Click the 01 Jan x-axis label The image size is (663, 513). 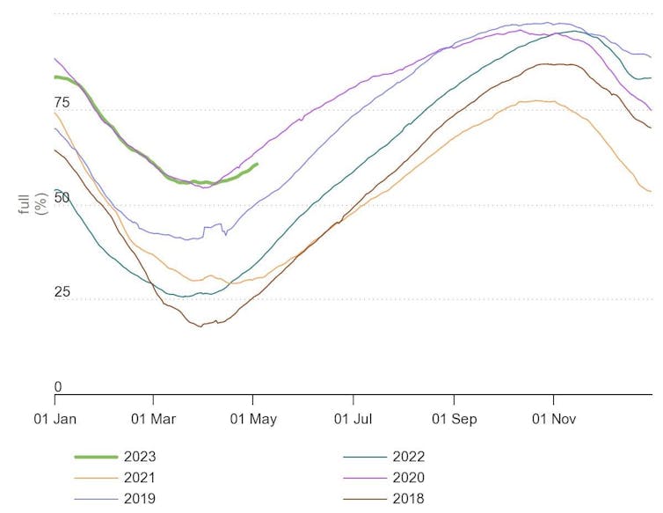(x=54, y=419)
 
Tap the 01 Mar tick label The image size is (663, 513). (x=153, y=419)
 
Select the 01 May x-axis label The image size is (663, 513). (x=253, y=419)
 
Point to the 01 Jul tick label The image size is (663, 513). (x=353, y=419)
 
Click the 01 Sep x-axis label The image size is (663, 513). (x=454, y=419)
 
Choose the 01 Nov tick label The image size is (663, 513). (x=553, y=419)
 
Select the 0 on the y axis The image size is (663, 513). (x=58, y=387)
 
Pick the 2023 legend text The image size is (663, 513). (x=142, y=457)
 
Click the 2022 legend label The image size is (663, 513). (x=409, y=457)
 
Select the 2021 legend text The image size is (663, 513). (x=142, y=478)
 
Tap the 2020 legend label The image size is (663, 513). (x=409, y=478)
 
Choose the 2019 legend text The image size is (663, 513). (x=142, y=499)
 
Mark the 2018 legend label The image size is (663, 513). (x=409, y=499)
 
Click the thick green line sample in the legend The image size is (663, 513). (x=96, y=457)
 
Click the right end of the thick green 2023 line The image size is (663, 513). (x=256, y=165)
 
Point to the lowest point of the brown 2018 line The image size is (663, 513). (x=200, y=326)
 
